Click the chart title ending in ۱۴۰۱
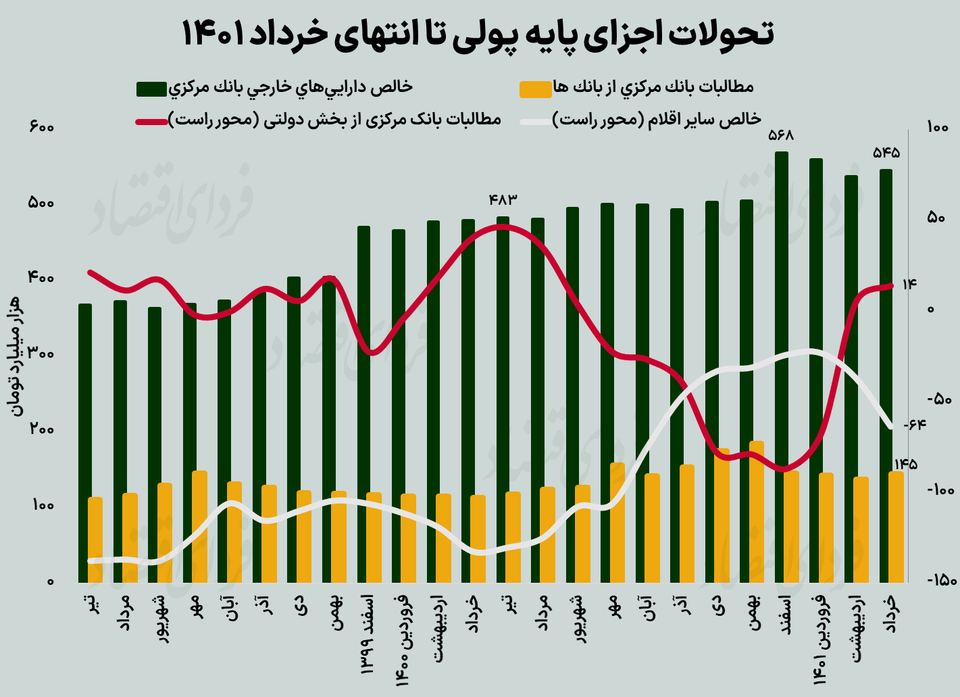(478, 34)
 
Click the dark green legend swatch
(151, 89)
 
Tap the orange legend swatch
(535, 89)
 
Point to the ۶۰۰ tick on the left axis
(41, 127)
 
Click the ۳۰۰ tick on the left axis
(41, 354)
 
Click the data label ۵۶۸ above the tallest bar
(781, 136)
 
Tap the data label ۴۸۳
(503, 199)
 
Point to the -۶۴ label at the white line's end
(913, 425)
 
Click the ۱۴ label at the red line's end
(909, 285)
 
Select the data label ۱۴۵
(905, 464)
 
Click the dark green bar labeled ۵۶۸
(782, 365)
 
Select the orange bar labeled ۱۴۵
(896, 527)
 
